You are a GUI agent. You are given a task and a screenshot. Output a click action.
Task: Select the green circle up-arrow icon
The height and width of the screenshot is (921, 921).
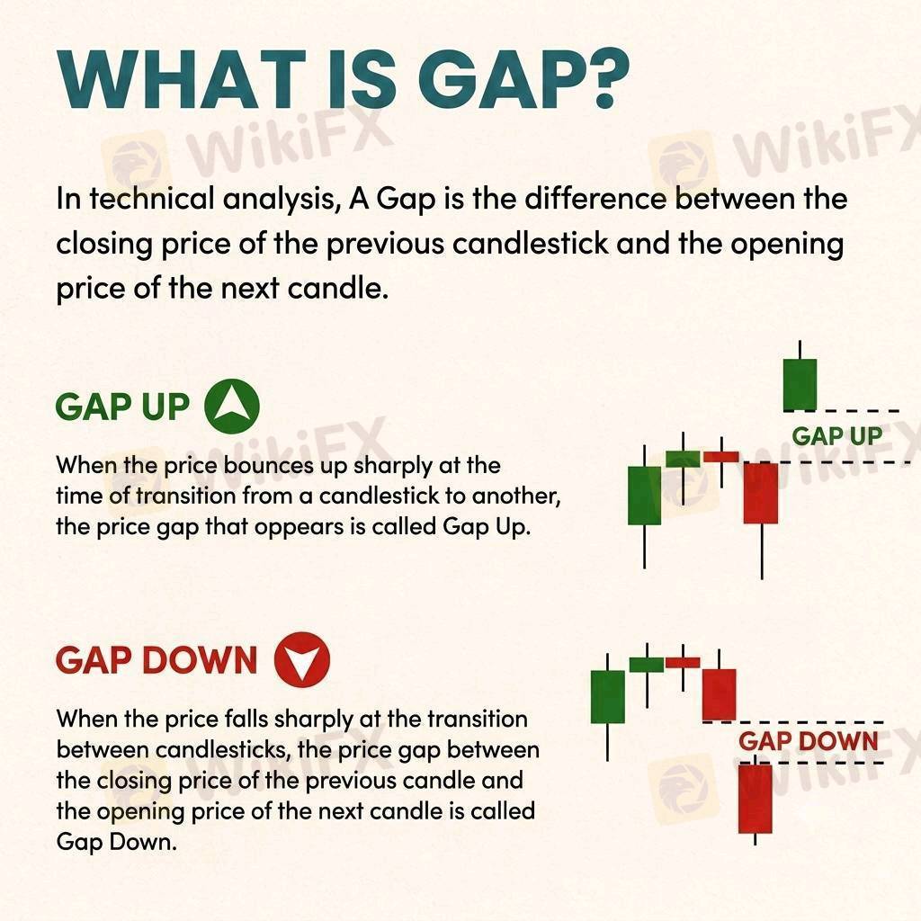click(x=232, y=407)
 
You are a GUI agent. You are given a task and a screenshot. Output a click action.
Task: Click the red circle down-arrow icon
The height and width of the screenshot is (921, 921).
click(x=302, y=659)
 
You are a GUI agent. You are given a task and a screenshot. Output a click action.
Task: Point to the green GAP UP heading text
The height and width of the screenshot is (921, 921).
click(x=122, y=407)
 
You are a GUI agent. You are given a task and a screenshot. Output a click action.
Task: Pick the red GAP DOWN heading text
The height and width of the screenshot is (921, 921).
click(x=156, y=660)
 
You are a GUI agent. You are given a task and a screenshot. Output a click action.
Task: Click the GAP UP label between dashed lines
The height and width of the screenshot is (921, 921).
click(x=837, y=436)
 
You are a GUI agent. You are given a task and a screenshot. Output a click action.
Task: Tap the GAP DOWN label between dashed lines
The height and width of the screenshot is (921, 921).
click(x=809, y=741)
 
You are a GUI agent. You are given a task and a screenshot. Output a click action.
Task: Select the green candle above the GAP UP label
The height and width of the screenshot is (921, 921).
click(x=800, y=384)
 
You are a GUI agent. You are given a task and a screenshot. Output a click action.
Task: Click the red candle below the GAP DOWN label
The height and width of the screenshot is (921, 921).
click(x=755, y=799)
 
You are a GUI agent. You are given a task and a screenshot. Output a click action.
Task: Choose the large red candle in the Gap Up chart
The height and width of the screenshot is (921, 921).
click(x=761, y=493)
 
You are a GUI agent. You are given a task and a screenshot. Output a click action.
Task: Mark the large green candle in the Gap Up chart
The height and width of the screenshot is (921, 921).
click(x=644, y=496)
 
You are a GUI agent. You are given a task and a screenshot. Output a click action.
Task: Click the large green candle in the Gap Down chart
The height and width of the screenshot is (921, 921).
click(x=607, y=697)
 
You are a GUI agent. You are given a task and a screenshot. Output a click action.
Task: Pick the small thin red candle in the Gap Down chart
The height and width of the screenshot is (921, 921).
click(x=683, y=663)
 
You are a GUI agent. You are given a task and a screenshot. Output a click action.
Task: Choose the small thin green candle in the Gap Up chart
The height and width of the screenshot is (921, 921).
click(x=684, y=459)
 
